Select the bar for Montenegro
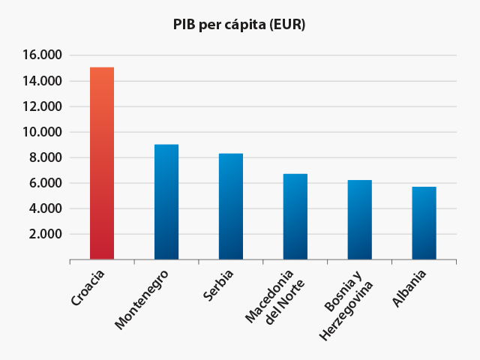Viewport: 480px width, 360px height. (166, 202)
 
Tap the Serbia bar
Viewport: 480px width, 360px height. (231, 206)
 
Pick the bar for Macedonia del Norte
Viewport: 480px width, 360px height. (295, 217)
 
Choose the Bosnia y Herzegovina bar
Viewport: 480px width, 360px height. (360, 220)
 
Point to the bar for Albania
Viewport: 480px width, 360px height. (424, 223)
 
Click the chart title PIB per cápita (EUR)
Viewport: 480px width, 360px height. (239, 25)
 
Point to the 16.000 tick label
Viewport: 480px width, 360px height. (42, 55)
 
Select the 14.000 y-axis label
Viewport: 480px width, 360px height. (42, 81)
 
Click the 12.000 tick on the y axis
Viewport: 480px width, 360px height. (42, 106)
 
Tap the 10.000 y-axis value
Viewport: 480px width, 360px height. (42, 132)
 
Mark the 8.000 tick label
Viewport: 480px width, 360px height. (45, 157)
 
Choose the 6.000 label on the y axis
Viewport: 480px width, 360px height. (45, 183)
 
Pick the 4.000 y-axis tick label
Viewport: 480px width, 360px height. (45, 208)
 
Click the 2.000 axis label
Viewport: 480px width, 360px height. (45, 234)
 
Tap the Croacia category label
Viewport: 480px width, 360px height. (88, 288)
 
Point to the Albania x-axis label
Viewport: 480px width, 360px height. (409, 289)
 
